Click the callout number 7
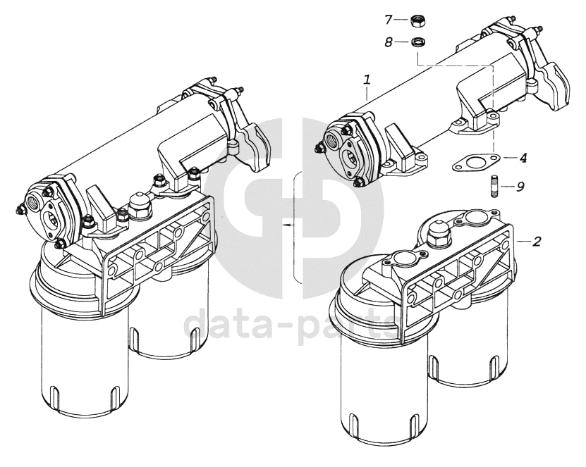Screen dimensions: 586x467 click(389, 20)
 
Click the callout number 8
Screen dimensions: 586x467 click(389, 42)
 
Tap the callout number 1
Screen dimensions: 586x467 click(367, 80)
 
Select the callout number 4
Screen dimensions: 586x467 click(523, 158)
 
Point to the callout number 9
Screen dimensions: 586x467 click(520, 186)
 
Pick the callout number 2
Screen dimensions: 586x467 click(537, 242)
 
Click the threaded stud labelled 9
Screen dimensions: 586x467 click(493, 185)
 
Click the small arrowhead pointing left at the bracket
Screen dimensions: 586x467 click(286, 225)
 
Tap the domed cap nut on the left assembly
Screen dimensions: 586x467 click(140, 204)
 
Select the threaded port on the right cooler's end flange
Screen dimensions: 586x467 click(333, 140)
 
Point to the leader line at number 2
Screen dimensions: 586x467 click(523, 242)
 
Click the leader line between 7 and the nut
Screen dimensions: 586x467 click(402, 20)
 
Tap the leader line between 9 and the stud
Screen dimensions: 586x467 click(506, 185)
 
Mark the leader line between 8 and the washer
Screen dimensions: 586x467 click(402, 42)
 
